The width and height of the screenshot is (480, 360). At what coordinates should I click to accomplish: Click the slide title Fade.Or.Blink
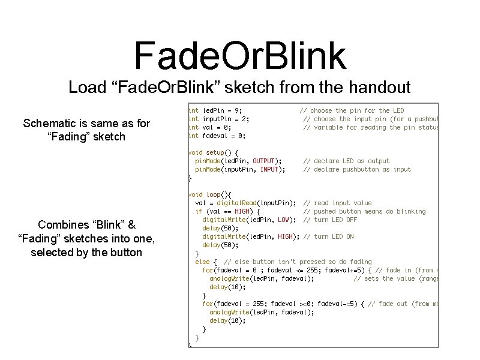(240, 55)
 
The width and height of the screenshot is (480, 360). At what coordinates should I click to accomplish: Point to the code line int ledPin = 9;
(215, 110)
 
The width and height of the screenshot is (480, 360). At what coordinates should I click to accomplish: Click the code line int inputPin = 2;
(219, 119)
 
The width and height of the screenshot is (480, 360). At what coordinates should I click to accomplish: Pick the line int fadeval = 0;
(217, 136)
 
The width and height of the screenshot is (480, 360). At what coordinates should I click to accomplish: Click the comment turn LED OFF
(334, 220)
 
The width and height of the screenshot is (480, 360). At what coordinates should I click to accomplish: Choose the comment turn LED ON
(332, 236)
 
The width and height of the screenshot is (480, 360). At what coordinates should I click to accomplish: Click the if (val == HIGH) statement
(227, 211)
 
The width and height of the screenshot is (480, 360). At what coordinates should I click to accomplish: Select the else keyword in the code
(202, 262)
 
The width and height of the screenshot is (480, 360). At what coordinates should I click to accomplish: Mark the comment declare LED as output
(346, 161)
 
